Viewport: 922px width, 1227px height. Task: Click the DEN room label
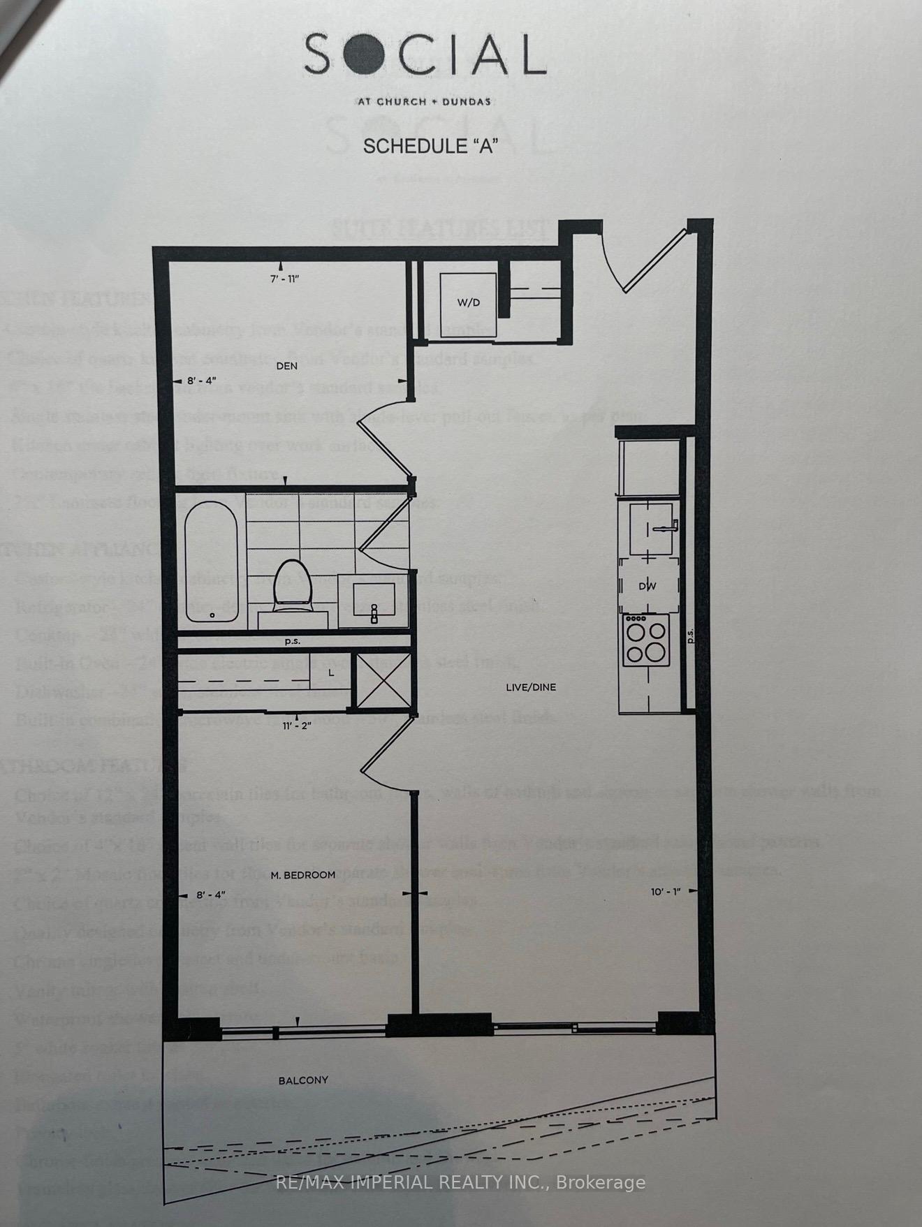286,365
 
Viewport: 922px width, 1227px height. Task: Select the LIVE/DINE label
531,687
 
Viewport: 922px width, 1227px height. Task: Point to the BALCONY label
303,1080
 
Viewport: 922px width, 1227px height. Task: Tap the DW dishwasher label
647,587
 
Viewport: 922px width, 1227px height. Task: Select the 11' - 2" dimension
297,726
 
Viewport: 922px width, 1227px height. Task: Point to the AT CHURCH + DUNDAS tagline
424,101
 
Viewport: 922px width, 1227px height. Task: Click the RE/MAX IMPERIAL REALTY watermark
461,1182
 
